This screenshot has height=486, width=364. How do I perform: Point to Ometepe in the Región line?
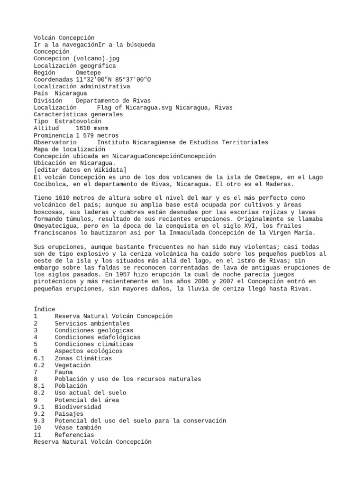pos(90,73)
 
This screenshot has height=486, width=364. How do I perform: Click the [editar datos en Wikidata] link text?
pos(80,170)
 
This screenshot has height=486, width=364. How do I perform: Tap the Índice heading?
pos(45,309)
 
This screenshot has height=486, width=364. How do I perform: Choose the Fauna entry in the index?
pos(64,372)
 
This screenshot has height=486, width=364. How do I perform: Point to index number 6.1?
pos(39,358)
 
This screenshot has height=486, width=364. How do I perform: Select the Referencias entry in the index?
pos(74,435)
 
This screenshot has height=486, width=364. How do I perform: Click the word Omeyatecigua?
pos(55,226)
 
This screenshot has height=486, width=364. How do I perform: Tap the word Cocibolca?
pos(51,184)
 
